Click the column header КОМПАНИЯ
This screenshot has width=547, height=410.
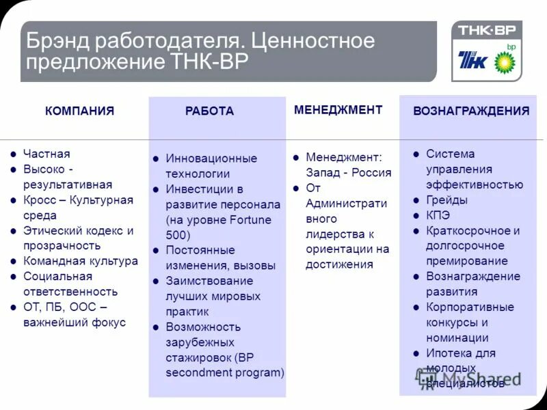coord(79,111)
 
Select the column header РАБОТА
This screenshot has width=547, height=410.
coord(209,111)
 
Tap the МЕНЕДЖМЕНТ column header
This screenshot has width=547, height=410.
coord(338,109)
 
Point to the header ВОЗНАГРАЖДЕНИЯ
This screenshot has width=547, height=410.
coord(471,111)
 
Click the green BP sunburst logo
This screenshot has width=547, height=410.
coord(506,62)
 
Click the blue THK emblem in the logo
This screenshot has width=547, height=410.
coord(473,61)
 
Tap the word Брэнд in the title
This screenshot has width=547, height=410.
coord(57,41)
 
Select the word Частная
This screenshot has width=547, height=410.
coord(46,154)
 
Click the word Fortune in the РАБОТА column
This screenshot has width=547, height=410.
coord(247,219)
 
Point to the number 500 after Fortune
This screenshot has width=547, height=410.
coord(176,234)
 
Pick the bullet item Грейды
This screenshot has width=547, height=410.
coord(446,200)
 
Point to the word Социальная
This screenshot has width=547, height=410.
coord(57,276)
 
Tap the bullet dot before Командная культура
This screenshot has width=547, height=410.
coord(13,261)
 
